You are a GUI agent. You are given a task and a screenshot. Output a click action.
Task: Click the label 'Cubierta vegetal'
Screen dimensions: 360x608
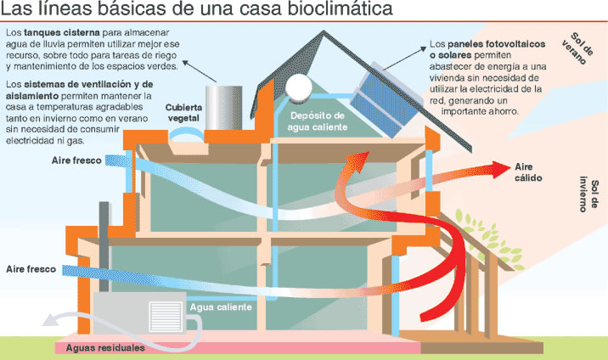pyautogui.click(x=184, y=112)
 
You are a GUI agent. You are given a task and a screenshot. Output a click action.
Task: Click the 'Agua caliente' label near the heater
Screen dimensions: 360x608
pyautogui.click(x=221, y=307)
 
